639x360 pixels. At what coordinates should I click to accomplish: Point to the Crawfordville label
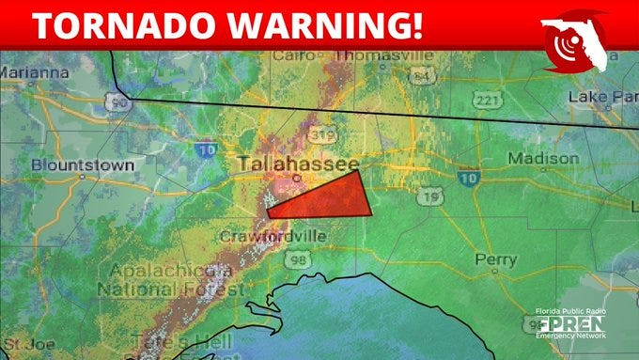coord(273,236)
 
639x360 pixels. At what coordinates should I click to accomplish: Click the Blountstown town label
coord(82,165)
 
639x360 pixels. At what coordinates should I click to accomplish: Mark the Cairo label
coord(293,55)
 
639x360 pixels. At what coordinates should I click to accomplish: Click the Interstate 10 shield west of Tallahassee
coord(207,149)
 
